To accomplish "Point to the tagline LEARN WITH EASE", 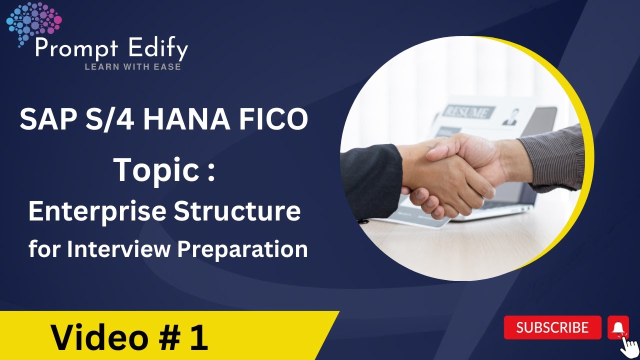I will (x=132, y=66).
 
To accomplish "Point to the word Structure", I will (x=237, y=211).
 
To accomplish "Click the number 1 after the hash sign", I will (x=198, y=338).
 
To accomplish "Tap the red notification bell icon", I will (x=618, y=327).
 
